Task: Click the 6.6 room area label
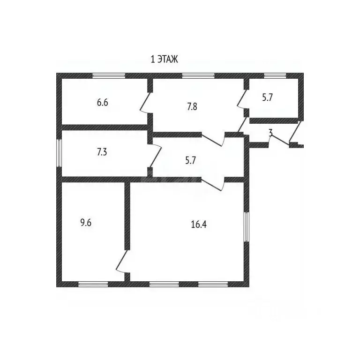[x=102, y=102]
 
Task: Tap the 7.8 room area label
[x=192, y=107]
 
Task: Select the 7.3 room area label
[x=102, y=152]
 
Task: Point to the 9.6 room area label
[x=86, y=223]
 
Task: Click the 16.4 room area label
[x=199, y=225]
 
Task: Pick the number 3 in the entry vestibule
[x=270, y=133]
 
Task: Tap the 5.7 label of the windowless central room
[x=191, y=160]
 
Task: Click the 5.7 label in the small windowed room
[x=267, y=97]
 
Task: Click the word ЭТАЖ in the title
[x=168, y=59]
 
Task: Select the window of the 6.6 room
[x=109, y=76]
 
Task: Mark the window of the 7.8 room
[x=198, y=76]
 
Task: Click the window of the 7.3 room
[x=59, y=153]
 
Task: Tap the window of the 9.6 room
[x=93, y=284]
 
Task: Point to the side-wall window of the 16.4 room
[x=247, y=226]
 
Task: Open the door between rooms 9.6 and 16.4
[x=121, y=262]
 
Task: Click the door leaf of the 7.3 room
[x=156, y=156]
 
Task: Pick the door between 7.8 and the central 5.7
[x=212, y=139]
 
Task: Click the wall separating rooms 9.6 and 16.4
[x=127, y=216]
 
